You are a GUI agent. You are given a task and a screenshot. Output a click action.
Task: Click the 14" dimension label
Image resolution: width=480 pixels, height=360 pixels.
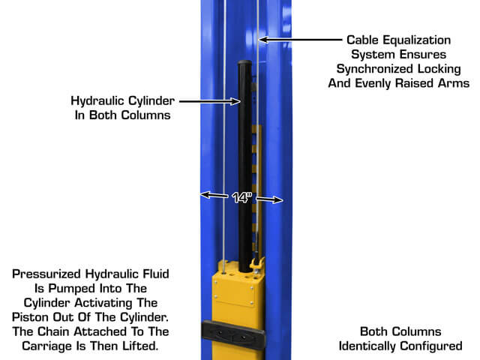[241, 197]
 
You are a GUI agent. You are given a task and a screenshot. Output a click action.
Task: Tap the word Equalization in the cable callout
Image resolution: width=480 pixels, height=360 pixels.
[417, 40]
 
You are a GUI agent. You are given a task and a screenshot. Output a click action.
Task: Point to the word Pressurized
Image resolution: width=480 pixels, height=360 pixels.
[46, 274]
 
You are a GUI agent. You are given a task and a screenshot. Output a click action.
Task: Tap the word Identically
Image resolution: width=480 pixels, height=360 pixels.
[367, 346]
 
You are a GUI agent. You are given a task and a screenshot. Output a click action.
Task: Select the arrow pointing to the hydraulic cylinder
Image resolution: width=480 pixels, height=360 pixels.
[210, 101]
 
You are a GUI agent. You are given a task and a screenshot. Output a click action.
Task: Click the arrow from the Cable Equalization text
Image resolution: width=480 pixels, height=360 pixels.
[301, 40]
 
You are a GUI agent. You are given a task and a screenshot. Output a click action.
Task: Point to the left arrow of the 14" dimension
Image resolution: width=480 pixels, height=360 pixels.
[214, 195]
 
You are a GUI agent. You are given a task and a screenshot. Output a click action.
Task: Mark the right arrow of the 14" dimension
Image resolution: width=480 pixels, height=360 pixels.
[269, 199]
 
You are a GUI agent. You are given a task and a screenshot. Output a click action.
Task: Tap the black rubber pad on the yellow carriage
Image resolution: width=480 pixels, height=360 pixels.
[233, 334]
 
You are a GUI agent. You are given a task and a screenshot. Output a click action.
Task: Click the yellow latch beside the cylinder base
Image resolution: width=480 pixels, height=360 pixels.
[257, 264]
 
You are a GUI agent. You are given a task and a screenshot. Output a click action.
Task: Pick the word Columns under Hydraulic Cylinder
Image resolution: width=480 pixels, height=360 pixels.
[145, 115]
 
